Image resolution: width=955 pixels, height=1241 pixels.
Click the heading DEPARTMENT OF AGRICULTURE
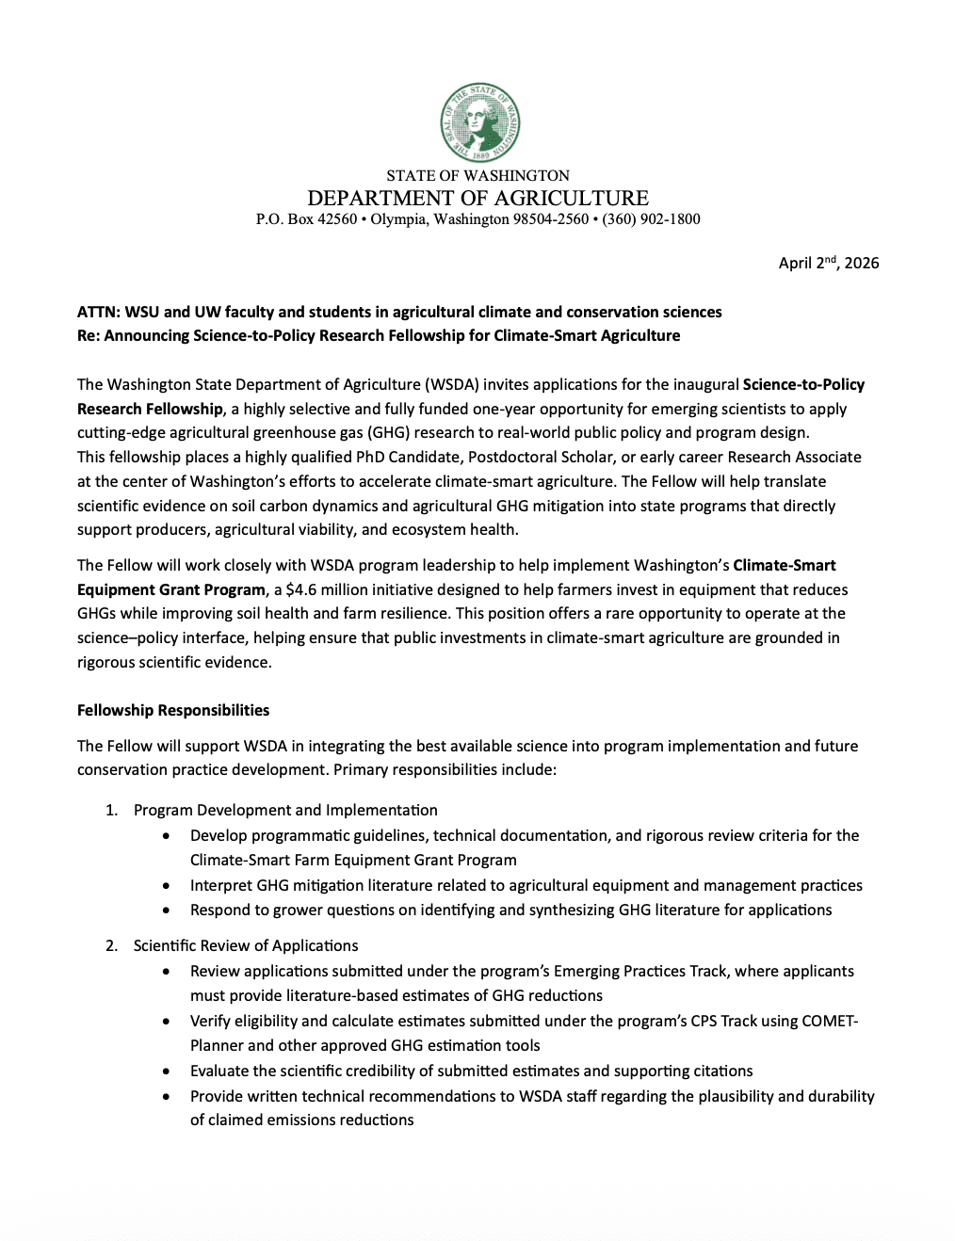click(x=477, y=198)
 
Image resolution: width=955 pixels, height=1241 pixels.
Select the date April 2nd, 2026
click(x=828, y=263)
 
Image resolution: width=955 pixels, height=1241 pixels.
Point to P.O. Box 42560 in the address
click(x=306, y=219)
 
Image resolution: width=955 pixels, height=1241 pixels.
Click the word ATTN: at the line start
click(x=99, y=312)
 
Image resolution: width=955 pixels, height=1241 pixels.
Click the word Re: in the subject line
click(x=89, y=335)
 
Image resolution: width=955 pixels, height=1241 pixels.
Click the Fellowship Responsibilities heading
click(x=173, y=710)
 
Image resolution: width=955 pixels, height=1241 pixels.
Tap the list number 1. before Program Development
click(x=112, y=810)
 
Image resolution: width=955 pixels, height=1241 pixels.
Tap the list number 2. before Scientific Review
click(x=112, y=945)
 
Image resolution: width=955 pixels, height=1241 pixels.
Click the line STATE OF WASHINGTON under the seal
click(x=477, y=175)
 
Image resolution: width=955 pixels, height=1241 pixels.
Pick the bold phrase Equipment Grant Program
click(x=170, y=589)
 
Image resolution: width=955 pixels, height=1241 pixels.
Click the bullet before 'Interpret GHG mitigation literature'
click(x=167, y=886)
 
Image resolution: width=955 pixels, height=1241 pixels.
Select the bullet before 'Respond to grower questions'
click(x=167, y=911)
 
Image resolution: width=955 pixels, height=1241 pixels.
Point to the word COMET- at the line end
click(x=831, y=1021)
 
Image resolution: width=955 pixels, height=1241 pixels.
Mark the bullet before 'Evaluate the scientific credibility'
click(x=167, y=1072)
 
